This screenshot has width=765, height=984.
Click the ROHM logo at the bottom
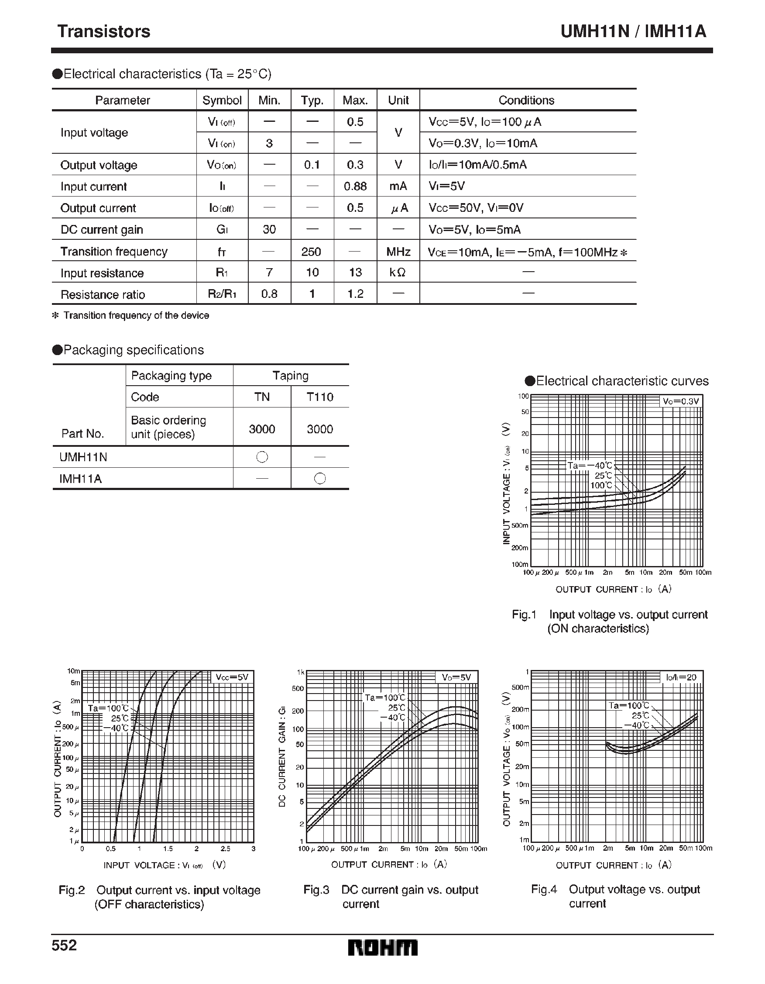(x=382, y=948)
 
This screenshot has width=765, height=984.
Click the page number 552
(x=65, y=945)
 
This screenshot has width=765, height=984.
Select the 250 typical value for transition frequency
(x=312, y=252)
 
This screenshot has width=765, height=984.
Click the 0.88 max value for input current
(x=355, y=186)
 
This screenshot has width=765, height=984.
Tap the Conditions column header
(x=526, y=100)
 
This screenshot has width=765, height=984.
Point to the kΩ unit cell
(x=398, y=273)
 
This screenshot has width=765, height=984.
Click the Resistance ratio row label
(x=103, y=295)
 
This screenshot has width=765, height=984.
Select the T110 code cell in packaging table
(x=320, y=397)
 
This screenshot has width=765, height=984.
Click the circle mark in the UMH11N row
(x=262, y=457)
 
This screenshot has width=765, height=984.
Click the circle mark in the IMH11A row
(x=320, y=479)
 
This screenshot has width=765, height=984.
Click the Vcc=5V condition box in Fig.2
(x=231, y=677)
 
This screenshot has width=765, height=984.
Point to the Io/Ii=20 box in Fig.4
(x=681, y=677)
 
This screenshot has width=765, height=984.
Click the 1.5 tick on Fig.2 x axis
(x=168, y=848)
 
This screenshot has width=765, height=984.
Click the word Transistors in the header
(x=103, y=31)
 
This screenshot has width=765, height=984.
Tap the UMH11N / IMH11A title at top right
(x=633, y=31)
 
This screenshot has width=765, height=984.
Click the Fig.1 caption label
(x=524, y=615)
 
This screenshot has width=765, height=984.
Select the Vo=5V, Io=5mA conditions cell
(x=474, y=230)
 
